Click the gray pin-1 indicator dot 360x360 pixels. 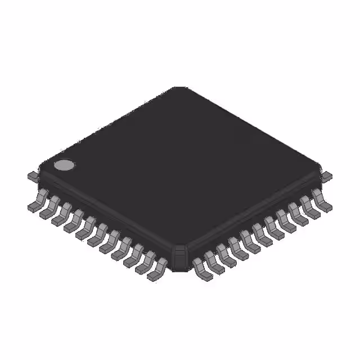[x=64, y=165]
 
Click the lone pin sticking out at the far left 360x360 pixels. [x=33, y=176]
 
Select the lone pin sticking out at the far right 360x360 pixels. [x=326, y=176]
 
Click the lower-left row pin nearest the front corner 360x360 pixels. [x=157, y=269]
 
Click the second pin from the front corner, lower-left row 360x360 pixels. [x=146, y=263]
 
